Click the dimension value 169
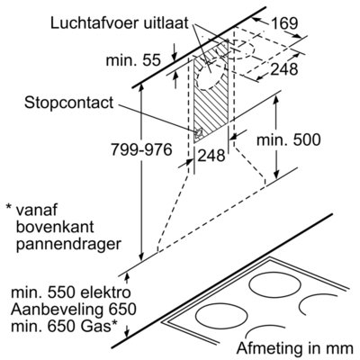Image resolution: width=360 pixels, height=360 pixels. coord(284,23)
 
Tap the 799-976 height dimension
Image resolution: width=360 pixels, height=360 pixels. coord(141,149)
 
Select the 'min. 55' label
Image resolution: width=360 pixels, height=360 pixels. coord(133,60)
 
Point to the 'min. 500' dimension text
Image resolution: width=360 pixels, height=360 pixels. coord(288,139)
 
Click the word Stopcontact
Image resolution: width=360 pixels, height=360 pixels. coord(69,103)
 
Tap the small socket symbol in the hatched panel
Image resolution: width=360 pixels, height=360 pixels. coord(198,132)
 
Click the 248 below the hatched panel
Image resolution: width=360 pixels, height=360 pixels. coord(211,156)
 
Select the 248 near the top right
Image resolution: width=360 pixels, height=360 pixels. coord(284,69)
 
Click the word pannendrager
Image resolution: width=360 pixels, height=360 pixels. coord(68,245)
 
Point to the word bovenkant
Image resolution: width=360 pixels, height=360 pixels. coord(55,227)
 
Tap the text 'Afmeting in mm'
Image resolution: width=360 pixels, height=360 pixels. coord(295,348)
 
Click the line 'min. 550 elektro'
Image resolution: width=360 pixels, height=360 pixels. coord(71,292)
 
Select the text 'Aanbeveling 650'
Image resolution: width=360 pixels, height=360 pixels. coord(74,310)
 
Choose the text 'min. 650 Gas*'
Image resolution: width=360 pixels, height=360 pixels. coord(64,326)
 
